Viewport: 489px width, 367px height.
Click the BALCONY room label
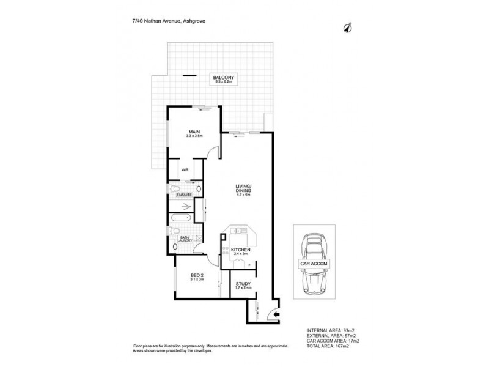(223, 78)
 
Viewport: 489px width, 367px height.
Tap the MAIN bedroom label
(194, 132)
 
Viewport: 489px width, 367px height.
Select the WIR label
(185, 170)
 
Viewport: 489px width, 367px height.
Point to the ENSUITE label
(185, 195)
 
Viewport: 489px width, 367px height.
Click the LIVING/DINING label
(243, 188)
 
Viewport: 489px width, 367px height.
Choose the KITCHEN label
(240, 250)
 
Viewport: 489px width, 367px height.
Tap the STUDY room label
(243, 284)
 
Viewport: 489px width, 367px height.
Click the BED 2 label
(197, 275)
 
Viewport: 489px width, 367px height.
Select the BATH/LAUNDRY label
(185, 239)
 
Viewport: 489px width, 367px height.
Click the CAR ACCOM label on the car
(314, 264)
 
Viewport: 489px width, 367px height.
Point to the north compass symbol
(348, 28)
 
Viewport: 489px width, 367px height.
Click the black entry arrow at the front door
(276, 314)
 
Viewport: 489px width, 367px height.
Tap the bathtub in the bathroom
(181, 218)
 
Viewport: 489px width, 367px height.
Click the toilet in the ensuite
(174, 189)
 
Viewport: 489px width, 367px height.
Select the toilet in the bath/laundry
(174, 231)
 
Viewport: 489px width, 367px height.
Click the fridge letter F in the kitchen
(249, 265)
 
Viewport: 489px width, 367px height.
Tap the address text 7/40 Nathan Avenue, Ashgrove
(169, 21)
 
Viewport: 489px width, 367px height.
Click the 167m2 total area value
(342, 346)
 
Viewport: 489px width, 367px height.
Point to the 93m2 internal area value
(349, 330)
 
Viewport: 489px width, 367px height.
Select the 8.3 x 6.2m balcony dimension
(224, 81)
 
